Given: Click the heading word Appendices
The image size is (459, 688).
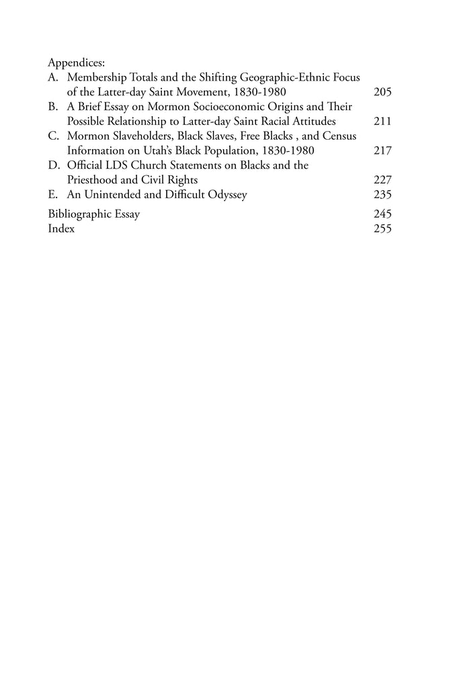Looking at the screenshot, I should point(73,62).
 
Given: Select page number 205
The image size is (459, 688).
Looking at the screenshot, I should point(382,92).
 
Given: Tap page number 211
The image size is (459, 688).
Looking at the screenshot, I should point(382,122).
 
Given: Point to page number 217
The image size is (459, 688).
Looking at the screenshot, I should point(382,151).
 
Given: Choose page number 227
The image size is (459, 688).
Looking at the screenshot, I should point(382,181).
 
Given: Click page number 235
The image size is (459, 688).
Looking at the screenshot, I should point(382,196).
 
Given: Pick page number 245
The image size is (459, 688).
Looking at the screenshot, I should point(382,214).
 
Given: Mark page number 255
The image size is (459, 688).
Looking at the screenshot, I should point(382,229).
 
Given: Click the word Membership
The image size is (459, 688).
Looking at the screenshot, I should point(98,77).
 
